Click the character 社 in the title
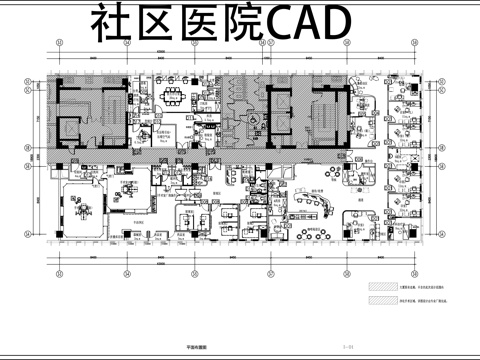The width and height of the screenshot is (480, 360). (113, 23)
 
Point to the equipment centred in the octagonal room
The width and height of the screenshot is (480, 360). (81, 206)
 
